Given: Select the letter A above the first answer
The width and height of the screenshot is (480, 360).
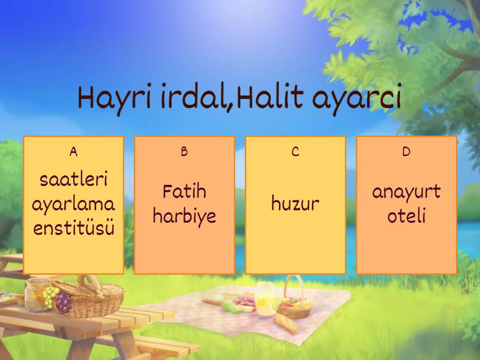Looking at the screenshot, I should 73,152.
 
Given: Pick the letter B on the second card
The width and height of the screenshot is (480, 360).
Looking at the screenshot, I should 184,152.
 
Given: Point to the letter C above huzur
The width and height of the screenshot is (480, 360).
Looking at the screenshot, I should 295,152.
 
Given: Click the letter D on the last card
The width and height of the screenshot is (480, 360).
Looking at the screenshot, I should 406,152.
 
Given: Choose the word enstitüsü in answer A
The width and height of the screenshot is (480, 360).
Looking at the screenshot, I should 73,229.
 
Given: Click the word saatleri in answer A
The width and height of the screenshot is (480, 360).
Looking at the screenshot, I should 73,179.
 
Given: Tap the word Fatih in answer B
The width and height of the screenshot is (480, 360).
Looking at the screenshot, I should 184,192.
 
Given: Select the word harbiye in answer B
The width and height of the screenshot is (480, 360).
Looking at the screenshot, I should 184,216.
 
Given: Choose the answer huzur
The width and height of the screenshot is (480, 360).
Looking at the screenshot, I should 295,204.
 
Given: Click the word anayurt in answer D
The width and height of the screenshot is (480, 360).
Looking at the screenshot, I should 406,192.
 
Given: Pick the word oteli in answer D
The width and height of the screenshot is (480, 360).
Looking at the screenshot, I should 406,216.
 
